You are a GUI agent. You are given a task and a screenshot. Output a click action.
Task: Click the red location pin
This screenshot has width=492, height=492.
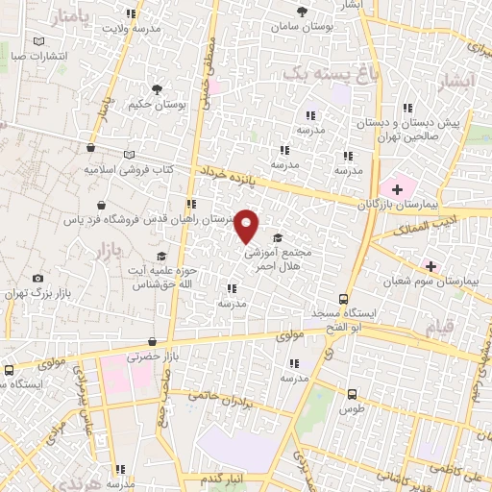[247, 226]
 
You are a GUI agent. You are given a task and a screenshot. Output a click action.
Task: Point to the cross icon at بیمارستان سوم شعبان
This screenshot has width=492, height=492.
[430, 265]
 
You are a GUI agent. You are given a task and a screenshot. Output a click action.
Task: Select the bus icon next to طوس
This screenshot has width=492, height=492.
[353, 394]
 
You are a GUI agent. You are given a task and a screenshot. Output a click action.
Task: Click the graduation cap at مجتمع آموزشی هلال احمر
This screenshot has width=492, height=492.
[279, 238]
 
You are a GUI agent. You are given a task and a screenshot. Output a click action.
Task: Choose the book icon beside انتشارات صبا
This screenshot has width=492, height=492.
[38, 42]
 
